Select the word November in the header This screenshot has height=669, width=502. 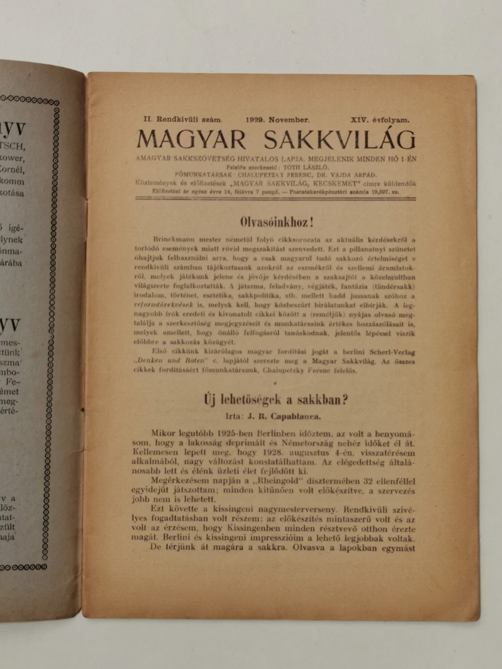coord(291,119)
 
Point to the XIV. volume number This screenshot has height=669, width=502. coord(361,119)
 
